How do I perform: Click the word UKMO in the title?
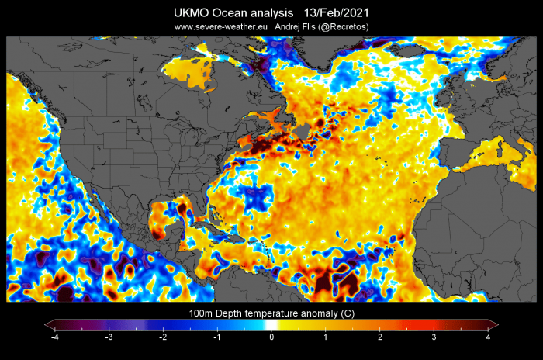tap(191, 13)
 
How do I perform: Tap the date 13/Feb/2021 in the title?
tap(336, 13)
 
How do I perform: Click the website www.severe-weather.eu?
tap(221, 27)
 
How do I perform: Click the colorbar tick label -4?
tap(54, 337)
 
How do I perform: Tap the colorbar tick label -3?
tap(109, 337)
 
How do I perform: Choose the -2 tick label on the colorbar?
tap(163, 337)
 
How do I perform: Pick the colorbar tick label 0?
tap(271, 337)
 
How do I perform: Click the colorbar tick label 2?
tap(380, 337)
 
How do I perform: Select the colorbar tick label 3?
tap(434, 337)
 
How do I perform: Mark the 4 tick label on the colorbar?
tap(488, 337)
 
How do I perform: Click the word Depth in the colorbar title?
tap(228, 313)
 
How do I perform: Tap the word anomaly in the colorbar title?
tap(320, 314)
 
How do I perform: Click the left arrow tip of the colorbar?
tap(45, 324)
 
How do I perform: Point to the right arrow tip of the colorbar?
tap(498, 324)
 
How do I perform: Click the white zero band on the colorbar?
tap(271, 324)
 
